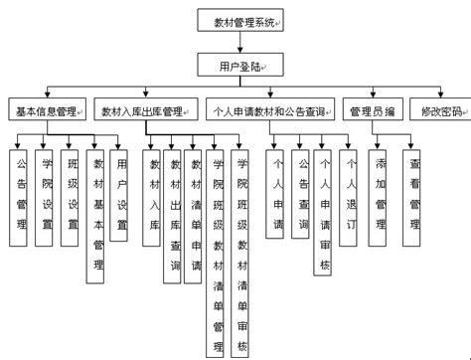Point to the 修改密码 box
[435, 110]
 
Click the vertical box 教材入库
[153, 198]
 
